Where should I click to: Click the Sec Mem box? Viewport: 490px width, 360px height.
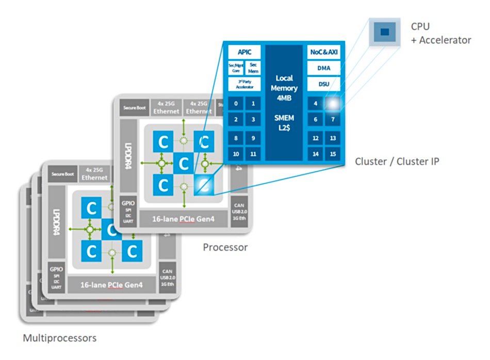click(253, 68)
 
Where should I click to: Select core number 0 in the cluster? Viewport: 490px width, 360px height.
click(236, 104)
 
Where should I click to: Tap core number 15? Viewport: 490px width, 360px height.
click(333, 154)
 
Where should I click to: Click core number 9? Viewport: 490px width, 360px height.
click(252, 138)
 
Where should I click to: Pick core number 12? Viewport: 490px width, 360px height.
click(316, 138)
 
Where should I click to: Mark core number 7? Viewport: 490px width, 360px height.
click(333, 120)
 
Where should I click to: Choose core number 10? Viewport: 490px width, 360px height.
click(236, 154)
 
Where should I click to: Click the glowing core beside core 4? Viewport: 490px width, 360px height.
click(333, 104)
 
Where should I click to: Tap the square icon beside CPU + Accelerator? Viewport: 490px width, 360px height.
click(384, 32)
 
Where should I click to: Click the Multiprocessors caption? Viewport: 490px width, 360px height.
click(60, 338)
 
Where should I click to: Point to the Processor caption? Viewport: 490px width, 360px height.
click(225, 247)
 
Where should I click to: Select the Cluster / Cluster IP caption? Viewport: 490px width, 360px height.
click(397, 161)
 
